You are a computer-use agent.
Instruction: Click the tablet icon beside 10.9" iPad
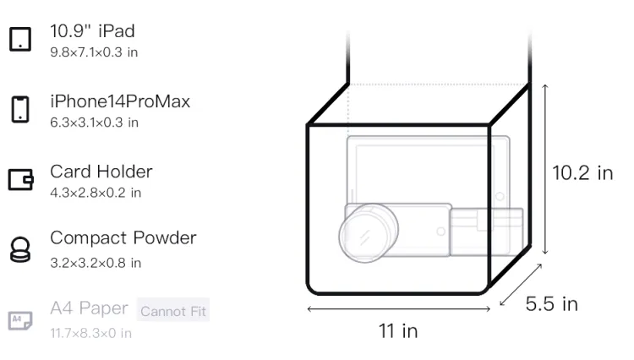point(20,39)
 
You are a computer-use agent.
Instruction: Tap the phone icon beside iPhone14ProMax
point(20,109)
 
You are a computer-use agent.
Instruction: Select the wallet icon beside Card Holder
point(20,179)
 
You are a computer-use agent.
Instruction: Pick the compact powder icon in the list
point(20,249)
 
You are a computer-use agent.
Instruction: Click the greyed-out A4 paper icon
point(20,320)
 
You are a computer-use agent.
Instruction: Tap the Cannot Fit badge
point(173,310)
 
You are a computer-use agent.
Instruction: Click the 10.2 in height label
point(582,173)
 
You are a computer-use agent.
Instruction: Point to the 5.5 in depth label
point(551,304)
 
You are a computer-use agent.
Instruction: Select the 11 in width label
point(398,331)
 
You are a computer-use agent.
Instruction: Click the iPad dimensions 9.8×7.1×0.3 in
point(94,52)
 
